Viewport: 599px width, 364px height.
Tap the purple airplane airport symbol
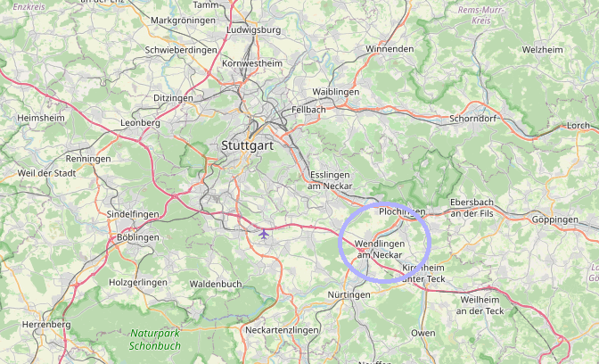point(264,235)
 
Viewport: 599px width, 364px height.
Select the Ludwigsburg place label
point(254,29)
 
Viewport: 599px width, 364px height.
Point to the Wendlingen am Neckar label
point(380,249)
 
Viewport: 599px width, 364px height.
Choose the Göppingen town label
point(554,219)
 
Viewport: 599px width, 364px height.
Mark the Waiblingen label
point(336,93)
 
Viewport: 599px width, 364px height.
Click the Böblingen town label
point(137,238)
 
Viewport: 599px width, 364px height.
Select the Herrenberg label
point(45,325)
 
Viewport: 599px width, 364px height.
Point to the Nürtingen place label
point(349,294)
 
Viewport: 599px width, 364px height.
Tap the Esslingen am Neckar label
point(332,180)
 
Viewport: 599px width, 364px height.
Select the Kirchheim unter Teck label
point(423,273)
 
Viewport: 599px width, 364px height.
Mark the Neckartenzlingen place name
point(281,330)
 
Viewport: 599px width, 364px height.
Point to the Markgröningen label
point(183,20)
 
